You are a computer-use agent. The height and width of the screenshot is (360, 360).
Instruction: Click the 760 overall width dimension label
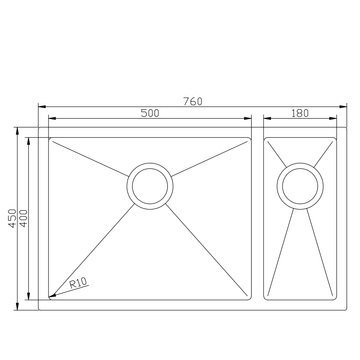click(x=193, y=101)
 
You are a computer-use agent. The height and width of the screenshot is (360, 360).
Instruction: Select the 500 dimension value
click(x=150, y=113)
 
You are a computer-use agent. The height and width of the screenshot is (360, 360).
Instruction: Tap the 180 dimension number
click(x=300, y=113)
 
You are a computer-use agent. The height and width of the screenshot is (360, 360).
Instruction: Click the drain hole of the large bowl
click(x=150, y=185)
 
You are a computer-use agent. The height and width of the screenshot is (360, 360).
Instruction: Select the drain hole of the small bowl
click(x=300, y=185)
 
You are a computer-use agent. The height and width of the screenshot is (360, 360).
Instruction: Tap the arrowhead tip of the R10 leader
click(x=50, y=297)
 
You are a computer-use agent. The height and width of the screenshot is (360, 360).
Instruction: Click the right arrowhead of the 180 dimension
click(x=336, y=119)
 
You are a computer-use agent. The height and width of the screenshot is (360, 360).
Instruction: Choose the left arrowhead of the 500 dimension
click(x=50, y=119)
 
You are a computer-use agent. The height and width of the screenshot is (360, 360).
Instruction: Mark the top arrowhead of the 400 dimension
click(x=28, y=139)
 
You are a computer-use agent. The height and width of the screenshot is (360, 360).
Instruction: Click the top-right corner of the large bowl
click(x=250, y=138)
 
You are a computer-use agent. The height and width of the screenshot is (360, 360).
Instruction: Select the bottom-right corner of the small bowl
click(x=336, y=299)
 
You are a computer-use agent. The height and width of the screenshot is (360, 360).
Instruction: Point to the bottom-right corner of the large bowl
click(x=250, y=299)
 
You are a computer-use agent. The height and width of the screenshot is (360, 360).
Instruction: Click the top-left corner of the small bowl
click(x=265, y=138)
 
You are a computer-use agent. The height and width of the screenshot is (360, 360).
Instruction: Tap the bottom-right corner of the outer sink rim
click(x=346, y=310)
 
